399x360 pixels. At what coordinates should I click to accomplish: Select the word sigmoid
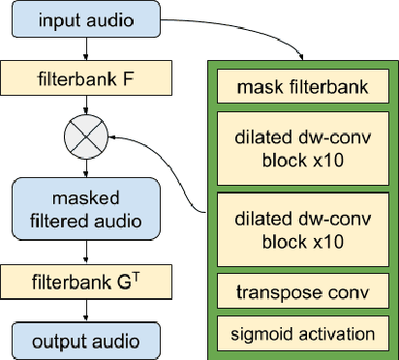(x=261, y=334)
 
